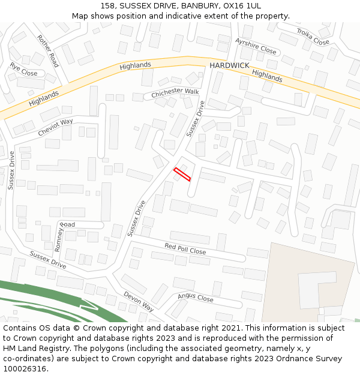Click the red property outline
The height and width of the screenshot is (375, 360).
pyautogui.click(x=182, y=174)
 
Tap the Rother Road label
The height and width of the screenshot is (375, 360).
pyautogui.click(x=48, y=50)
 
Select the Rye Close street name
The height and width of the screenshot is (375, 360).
pyautogui.click(x=23, y=70)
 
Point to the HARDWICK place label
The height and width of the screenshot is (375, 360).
pyautogui.click(x=229, y=65)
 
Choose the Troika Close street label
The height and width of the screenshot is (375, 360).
pyautogui.click(x=313, y=38)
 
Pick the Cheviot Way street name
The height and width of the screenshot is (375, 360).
pyautogui.click(x=55, y=126)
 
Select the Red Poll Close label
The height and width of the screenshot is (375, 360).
pyautogui.click(x=185, y=249)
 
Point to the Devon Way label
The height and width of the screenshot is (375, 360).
pyautogui.click(x=139, y=301)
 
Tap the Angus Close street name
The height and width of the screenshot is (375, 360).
pyautogui.click(x=195, y=298)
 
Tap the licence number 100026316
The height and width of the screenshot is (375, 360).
pyautogui.click(x=25, y=369)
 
